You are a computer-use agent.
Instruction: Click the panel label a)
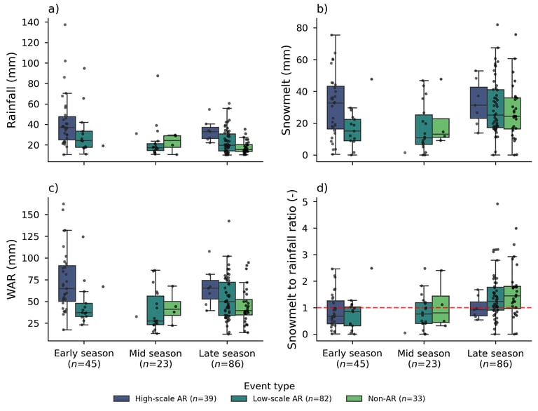(53, 9)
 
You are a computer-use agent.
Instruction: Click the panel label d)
(322, 189)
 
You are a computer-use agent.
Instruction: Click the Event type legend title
(269, 385)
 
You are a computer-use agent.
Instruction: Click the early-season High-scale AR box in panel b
(335, 107)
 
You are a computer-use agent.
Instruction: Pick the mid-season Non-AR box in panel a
(172, 141)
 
